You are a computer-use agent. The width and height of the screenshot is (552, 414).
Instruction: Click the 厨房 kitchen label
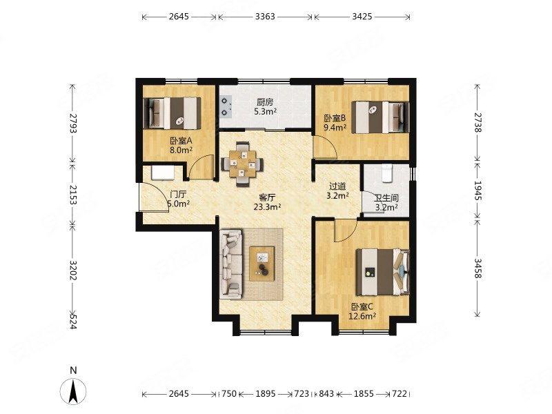tap(265, 102)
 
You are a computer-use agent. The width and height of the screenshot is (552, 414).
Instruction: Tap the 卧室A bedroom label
tap(181, 141)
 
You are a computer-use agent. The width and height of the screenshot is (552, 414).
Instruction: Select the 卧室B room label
tap(335, 118)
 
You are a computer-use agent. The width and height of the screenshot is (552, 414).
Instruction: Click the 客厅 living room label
tap(267, 197)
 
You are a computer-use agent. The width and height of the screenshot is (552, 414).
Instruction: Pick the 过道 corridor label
tap(337, 186)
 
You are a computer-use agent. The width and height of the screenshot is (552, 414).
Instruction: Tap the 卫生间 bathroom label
tap(386, 199)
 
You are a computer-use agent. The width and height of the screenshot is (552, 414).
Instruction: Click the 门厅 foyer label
tap(178, 194)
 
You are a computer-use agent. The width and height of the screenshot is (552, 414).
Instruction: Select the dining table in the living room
tap(242, 164)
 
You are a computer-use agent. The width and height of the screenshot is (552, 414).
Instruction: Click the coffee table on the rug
tap(262, 264)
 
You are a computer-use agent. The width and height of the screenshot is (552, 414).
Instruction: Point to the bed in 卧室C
tap(383, 272)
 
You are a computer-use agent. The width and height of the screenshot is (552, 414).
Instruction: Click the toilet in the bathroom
tap(387, 174)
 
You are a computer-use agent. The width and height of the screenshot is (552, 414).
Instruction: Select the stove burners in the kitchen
tap(226, 107)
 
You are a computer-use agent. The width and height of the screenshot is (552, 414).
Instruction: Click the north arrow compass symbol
tap(73, 391)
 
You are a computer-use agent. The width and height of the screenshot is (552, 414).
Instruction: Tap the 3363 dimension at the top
tap(265, 17)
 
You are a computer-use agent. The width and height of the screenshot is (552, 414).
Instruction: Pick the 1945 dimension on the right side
tap(477, 190)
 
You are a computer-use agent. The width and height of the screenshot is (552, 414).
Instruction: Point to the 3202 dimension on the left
tap(72, 270)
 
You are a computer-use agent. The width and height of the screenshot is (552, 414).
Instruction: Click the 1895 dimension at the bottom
tap(266, 393)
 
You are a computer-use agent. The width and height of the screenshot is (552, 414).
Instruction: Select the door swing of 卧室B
tap(326, 146)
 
